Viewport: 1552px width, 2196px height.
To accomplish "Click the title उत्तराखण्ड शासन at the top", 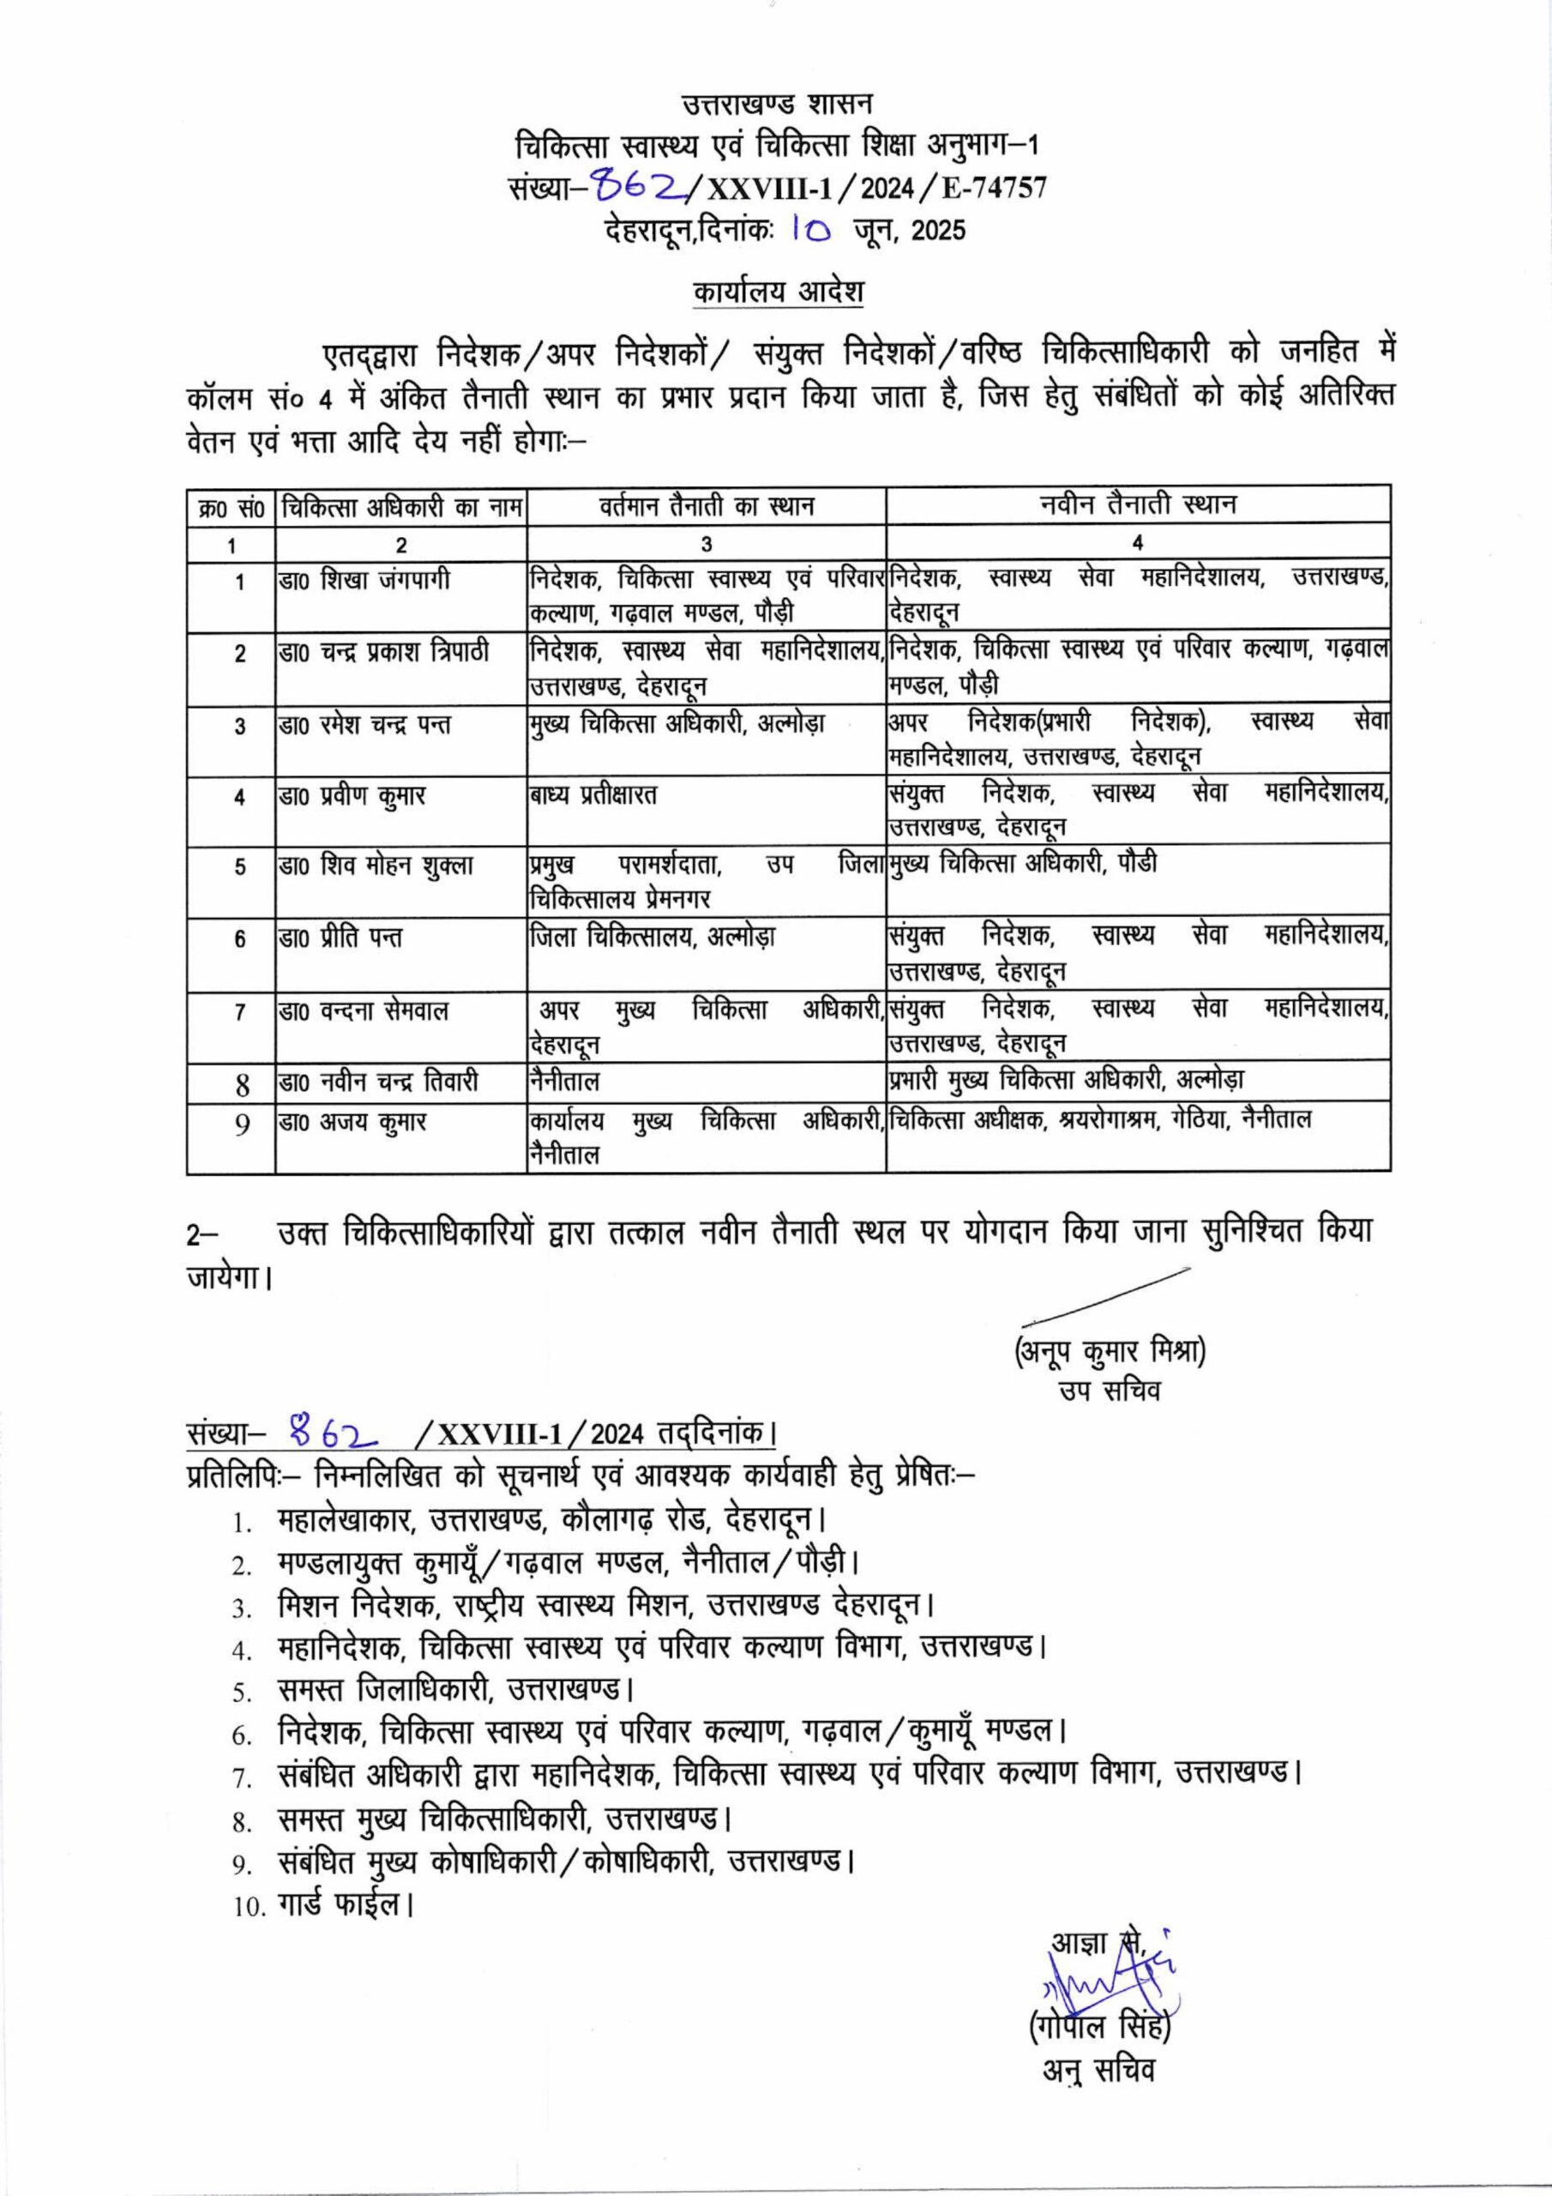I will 777,102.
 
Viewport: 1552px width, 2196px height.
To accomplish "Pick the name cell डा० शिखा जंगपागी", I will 365,581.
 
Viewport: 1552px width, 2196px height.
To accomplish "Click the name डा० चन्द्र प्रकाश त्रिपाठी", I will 383,652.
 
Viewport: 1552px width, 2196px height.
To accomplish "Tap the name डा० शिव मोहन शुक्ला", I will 376,866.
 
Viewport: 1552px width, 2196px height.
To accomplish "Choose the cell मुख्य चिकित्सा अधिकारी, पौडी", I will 1022,864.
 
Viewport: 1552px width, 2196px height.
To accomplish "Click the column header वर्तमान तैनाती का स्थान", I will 707,504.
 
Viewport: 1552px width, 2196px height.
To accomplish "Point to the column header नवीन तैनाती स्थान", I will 1138,504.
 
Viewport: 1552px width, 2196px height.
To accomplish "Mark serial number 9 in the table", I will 242,1124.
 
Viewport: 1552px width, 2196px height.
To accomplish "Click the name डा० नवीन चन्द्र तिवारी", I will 379,1083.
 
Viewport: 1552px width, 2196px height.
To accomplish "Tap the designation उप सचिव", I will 1110,1391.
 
